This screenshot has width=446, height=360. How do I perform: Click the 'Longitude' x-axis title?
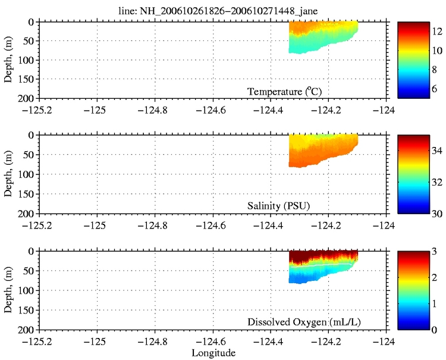pyautogui.click(x=213, y=353)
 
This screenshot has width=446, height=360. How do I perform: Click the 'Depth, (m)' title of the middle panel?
pyautogui.click(x=9, y=174)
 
